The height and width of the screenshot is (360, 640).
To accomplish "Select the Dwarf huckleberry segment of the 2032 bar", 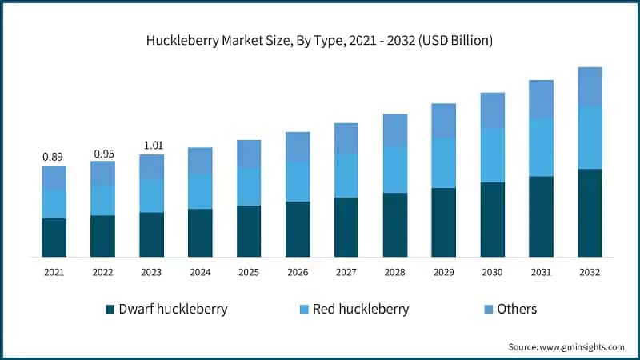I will pos(590,213).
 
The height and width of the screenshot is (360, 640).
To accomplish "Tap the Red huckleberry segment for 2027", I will pos(346,175).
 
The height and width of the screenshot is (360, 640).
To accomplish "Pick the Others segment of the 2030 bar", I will pos(492,110).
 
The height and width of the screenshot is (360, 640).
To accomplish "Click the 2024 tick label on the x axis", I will pos(200,273).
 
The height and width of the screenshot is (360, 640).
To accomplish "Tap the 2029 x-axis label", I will pos(443,273).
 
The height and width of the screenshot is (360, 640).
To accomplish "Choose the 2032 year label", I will pos(590,273).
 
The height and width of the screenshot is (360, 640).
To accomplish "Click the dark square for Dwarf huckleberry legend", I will pos(110,309).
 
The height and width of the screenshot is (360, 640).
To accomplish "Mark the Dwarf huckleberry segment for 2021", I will pos(54,238).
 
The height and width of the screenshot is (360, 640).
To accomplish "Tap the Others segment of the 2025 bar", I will pos(249,154).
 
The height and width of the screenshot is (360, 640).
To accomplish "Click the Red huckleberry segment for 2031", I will pos(541,147).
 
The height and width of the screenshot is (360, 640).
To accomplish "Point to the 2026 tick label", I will pos(298,273).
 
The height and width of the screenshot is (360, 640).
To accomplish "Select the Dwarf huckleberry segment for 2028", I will pos(394,225).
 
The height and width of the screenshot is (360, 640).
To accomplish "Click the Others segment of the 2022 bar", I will pos(102,173).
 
